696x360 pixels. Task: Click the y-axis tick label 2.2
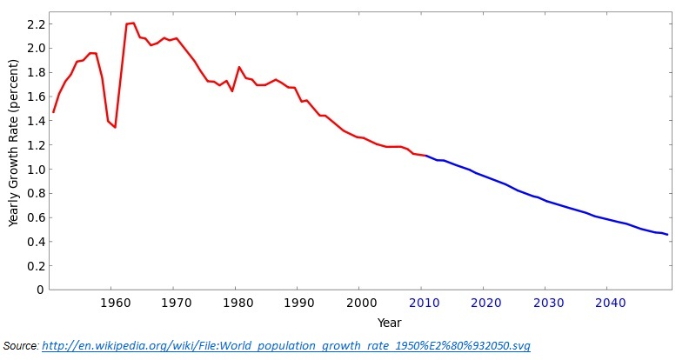[x=35, y=23]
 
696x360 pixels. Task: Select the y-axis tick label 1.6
[x=35, y=97]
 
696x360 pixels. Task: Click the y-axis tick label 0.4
[x=35, y=242]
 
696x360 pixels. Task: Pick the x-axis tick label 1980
[x=237, y=303]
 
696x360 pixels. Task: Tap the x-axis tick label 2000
[x=359, y=303]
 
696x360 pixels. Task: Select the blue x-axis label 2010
[x=422, y=303]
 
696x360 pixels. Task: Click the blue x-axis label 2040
[x=606, y=303]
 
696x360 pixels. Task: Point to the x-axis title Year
[x=390, y=323]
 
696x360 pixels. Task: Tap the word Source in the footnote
[x=20, y=346]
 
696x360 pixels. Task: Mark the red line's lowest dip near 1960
[x=115, y=128]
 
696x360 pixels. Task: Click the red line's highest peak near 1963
[x=133, y=23]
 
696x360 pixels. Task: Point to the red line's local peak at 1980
[x=238, y=67]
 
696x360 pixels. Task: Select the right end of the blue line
[x=668, y=235]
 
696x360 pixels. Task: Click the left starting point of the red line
[x=53, y=112]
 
